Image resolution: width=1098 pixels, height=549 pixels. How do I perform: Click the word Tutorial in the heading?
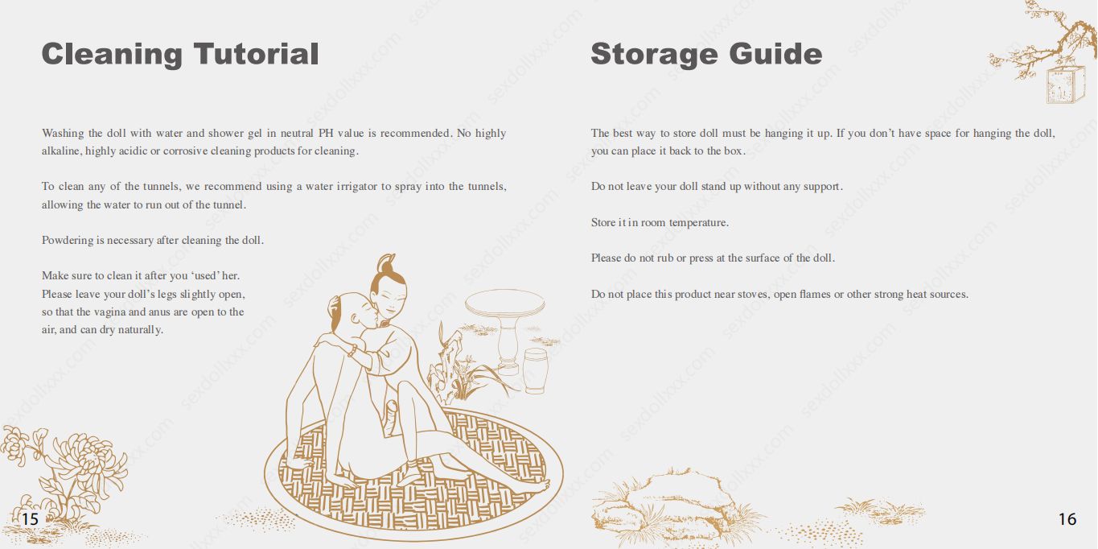[x=257, y=53]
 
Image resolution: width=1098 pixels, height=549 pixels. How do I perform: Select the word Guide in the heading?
[x=775, y=53]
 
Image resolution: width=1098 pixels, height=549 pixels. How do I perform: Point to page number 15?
[x=30, y=519]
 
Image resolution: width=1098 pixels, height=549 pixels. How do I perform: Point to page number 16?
[x=1067, y=519]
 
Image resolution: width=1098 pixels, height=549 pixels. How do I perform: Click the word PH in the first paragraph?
[x=326, y=133]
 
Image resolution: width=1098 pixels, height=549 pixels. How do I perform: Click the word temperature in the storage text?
[x=698, y=223]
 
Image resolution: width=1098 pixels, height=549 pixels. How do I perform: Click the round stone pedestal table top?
[x=504, y=303]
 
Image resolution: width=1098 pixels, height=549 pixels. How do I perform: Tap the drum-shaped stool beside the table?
[x=535, y=371]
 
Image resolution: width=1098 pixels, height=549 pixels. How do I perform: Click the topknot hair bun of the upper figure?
[x=386, y=263]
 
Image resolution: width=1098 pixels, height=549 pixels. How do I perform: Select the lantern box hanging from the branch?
[x=1063, y=85]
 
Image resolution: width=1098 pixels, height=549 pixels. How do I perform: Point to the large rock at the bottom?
[x=667, y=506]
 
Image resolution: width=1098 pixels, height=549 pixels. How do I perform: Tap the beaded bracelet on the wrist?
[x=352, y=350]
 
